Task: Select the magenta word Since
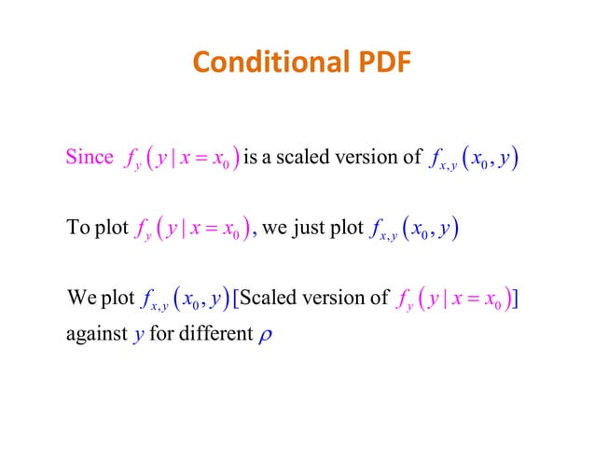(x=90, y=157)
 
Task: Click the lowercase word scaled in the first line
(x=303, y=157)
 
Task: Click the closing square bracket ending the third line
(x=517, y=299)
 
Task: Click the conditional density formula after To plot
(x=195, y=228)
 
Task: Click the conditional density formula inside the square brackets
(x=453, y=300)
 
